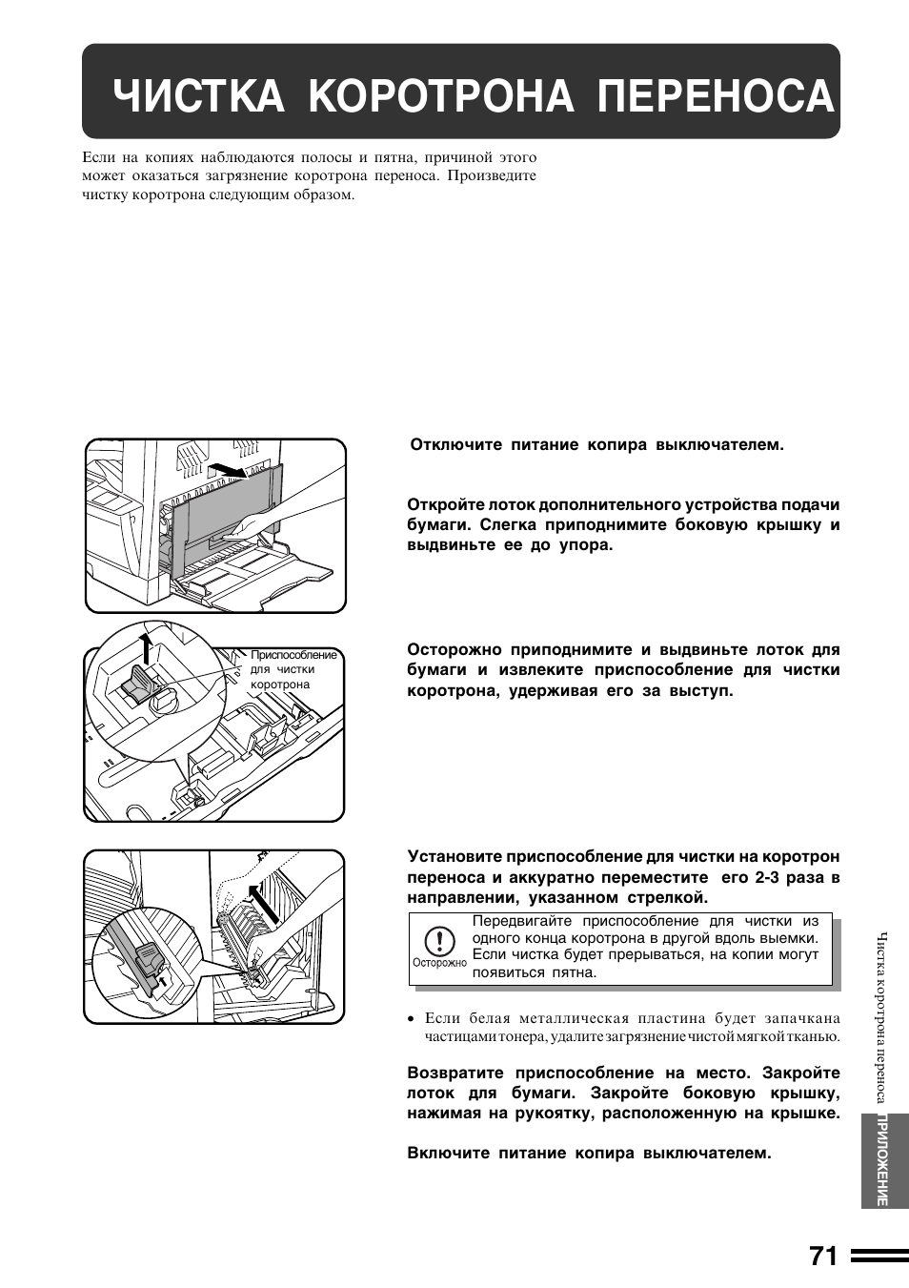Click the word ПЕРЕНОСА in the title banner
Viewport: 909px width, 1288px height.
click(x=716, y=96)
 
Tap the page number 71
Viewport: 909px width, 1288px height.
click(x=824, y=1257)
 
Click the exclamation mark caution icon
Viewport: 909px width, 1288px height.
click(x=438, y=942)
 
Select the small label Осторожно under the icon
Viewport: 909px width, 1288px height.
click(x=439, y=963)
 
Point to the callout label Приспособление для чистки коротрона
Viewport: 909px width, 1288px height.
click(x=293, y=669)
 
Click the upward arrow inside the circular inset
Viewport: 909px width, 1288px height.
click(x=145, y=648)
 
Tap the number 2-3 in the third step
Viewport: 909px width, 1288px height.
click(x=770, y=877)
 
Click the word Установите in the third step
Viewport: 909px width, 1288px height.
click(x=454, y=857)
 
